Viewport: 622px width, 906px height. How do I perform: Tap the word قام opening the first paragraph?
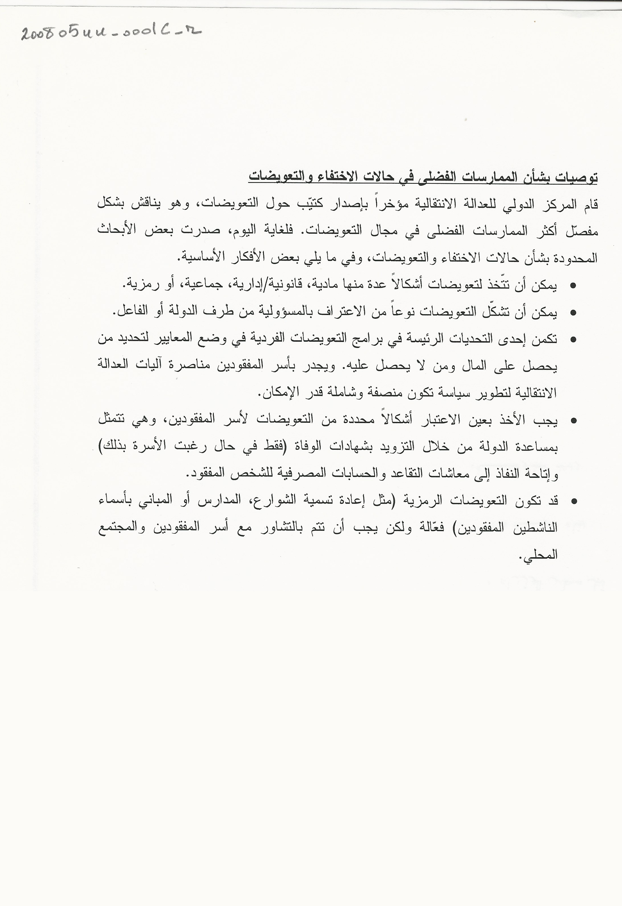589,204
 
